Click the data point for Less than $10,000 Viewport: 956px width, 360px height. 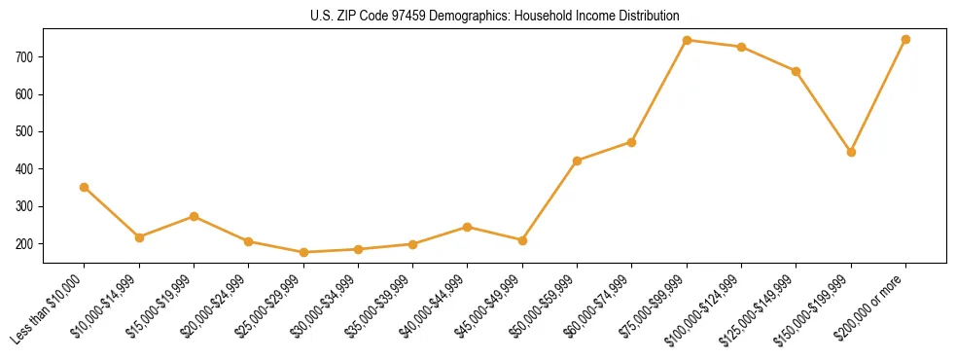click(85, 187)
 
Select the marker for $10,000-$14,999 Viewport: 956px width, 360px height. click(139, 237)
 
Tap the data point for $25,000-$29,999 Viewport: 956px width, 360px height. click(303, 252)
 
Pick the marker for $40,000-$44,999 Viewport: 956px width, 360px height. click(468, 227)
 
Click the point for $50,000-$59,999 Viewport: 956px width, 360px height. click(578, 161)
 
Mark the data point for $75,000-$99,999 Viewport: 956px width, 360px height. click(687, 40)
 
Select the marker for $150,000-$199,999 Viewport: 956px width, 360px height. click(851, 152)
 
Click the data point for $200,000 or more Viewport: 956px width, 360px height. click(905, 39)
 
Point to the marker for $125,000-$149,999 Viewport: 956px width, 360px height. click(797, 71)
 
